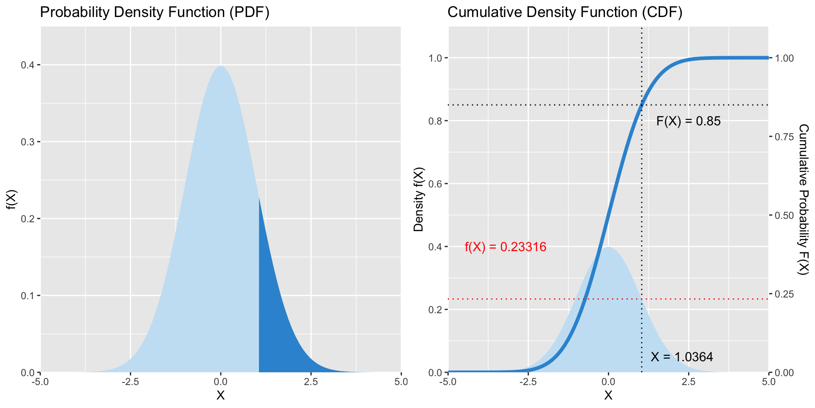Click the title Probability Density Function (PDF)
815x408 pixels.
155,12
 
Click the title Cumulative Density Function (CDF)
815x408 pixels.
565,12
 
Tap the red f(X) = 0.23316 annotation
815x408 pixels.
505,247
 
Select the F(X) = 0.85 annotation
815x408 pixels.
688,122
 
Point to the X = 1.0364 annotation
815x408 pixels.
681,357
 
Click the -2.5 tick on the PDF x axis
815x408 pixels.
130,382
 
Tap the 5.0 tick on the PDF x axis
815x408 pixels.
401,382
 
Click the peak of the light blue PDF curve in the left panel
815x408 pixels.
221,67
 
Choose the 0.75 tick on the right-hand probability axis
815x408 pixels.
784,137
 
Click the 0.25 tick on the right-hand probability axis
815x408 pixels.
784,294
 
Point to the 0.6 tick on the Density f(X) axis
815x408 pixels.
436,184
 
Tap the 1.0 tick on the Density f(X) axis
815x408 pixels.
436,58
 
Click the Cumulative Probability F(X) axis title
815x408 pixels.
803,200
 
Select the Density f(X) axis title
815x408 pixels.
419,200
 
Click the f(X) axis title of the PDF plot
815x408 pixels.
11,200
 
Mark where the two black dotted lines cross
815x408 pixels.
641,105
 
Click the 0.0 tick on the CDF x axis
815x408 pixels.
608,382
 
